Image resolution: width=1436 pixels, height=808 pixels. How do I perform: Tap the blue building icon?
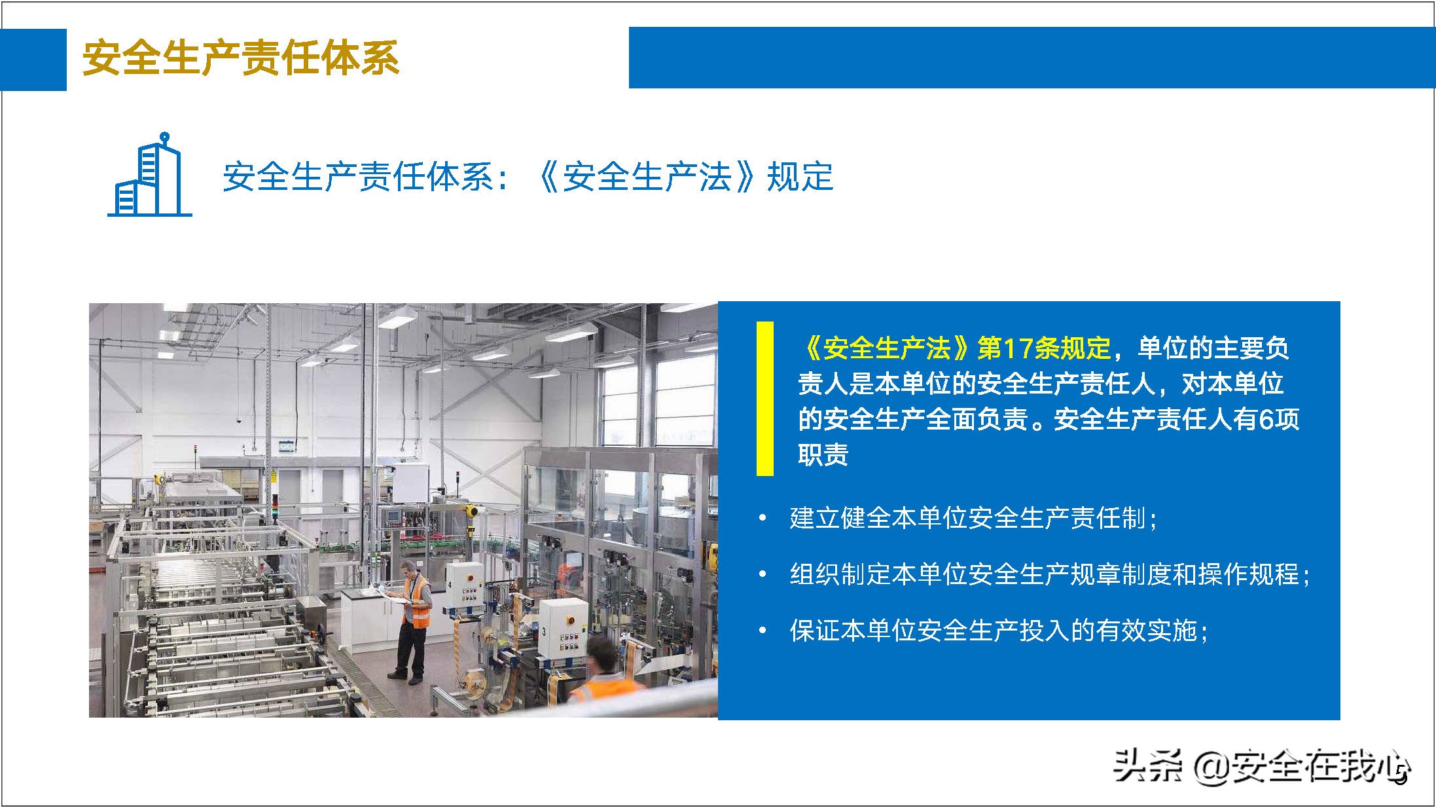pyautogui.click(x=150, y=175)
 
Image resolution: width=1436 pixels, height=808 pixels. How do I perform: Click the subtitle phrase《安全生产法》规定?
pyautogui.click(x=684, y=177)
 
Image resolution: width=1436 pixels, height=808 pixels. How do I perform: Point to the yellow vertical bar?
pyautogui.click(x=764, y=398)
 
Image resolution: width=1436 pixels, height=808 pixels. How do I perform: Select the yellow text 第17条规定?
pyautogui.click(x=1044, y=348)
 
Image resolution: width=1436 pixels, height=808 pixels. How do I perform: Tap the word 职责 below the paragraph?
pyautogui.click(x=823, y=454)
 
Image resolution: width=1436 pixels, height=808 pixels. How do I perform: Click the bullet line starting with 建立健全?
pyautogui.click(x=973, y=519)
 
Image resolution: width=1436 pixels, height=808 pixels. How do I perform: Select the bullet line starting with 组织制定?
pyautogui.click(x=1049, y=574)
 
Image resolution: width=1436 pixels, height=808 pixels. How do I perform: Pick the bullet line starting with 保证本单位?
pyautogui.click(x=998, y=631)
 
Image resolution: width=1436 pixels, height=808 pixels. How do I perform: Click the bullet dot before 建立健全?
pyautogui.click(x=762, y=519)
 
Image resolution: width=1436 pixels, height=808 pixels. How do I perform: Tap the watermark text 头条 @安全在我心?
pyautogui.click(x=1260, y=766)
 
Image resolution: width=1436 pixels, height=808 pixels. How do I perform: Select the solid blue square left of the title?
pyautogui.click(x=33, y=59)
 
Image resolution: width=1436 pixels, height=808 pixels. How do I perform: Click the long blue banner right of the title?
pyautogui.click(x=1031, y=58)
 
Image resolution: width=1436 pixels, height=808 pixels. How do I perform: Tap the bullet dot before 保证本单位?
pyautogui.click(x=762, y=631)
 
